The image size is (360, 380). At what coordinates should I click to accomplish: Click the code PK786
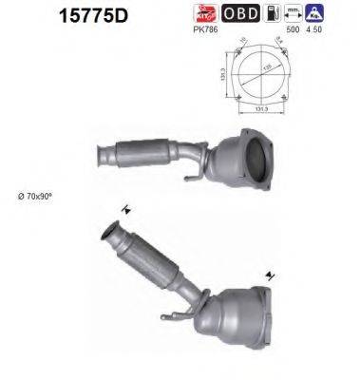click(205, 28)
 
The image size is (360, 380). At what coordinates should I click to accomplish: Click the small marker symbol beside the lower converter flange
click(274, 275)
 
